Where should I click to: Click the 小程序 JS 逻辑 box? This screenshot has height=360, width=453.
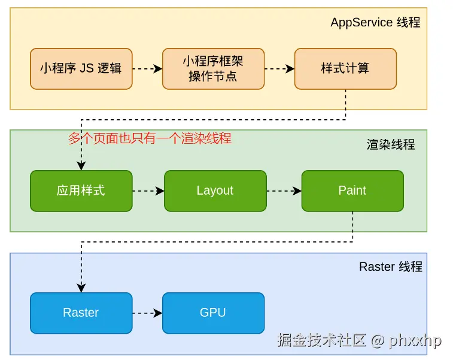coord(81,69)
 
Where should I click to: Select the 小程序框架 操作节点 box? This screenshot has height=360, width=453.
coord(213,69)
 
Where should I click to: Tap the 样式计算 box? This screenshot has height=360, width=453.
coord(345,69)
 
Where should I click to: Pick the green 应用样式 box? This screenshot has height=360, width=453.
coord(81,191)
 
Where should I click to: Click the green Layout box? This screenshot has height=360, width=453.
coord(215,191)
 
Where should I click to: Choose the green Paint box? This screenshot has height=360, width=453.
coord(352,191)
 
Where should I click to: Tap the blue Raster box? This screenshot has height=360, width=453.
coord(81,313)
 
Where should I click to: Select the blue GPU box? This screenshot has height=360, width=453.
coord(213,313)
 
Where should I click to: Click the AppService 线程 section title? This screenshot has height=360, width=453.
coord(375,22)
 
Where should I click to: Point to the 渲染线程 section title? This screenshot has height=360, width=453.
coord(391,144)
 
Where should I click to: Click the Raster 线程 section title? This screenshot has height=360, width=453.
coord(391,267)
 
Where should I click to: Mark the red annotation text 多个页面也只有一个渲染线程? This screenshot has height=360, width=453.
coord(150,138)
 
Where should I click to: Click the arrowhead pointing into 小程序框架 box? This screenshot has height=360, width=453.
coord(158,69)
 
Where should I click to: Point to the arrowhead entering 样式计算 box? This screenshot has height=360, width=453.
coord(290,69)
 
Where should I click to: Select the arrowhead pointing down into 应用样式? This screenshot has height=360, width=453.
coord(81,166)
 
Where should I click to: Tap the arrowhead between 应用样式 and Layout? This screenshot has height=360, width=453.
coord(160,191)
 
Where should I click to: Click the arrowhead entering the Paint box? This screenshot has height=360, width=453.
coord(297,191)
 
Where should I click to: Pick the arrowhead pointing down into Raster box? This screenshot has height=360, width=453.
coord(81,288)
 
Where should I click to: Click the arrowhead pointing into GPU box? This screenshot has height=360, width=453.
coord(158,313)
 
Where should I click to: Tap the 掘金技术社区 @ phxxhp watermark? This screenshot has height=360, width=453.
coord(360,340)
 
